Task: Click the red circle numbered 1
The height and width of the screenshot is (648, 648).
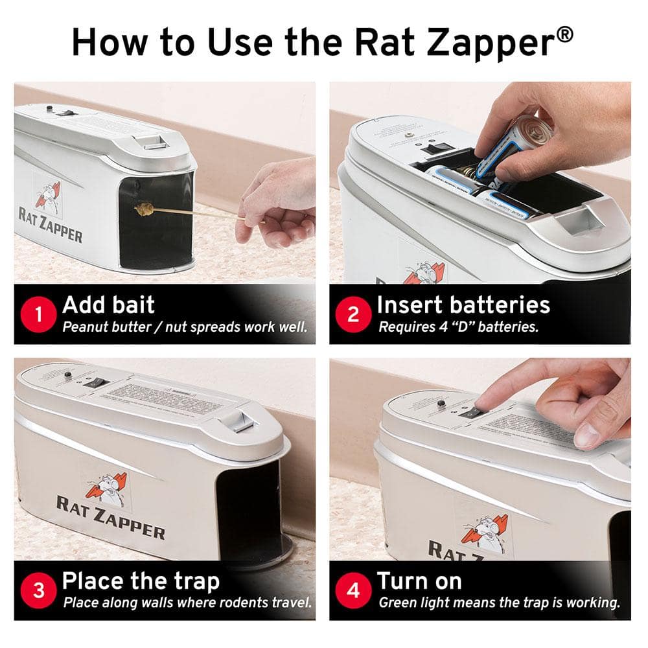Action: pyautogui.click(x=38, y=316)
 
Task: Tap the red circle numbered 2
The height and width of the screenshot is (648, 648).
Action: pyautogui.click(x=353, y=316)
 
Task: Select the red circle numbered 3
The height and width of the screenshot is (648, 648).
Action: pyautogui.click(x=38, y=591)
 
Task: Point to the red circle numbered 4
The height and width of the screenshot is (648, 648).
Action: pyautogui.click(x=353, y=591)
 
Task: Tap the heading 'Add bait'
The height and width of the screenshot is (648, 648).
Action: pyautogui.click(x=108, y=305)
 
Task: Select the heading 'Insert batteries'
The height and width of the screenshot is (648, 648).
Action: pyautogui.click(x=463, y=305)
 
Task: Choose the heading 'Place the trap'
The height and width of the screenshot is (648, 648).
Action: pyautogui.click(x=141, y=581)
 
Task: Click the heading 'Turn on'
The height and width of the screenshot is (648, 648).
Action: pyautogui.click(x=419, y=581)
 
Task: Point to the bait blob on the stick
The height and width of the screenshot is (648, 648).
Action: pyautogui.click(x=145, y=209)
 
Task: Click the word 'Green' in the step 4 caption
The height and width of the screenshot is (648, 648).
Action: pyautogui.click(x=397, y=603)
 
